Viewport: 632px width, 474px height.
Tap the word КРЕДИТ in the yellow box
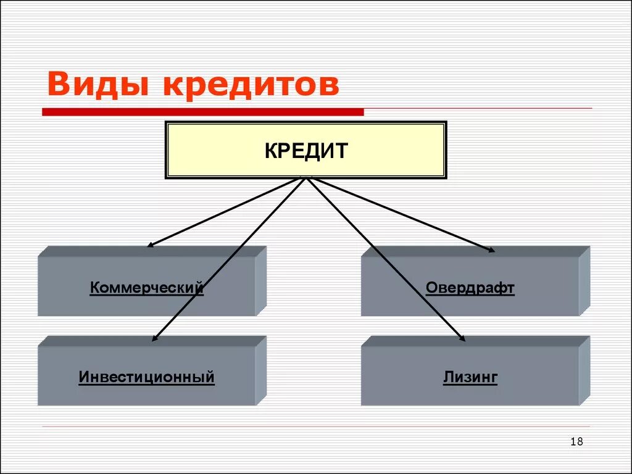pos(306,151)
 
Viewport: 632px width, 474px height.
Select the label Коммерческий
pos(146,288)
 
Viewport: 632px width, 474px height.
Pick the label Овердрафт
pos(470,288)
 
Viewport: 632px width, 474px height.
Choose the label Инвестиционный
pos(146,376)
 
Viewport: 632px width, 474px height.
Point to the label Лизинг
pos(470,377)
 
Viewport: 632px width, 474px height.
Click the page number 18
pos(577,441)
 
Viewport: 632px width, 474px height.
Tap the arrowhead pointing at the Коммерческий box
pos(149,245)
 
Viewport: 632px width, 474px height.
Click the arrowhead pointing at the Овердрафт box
pos(491,250)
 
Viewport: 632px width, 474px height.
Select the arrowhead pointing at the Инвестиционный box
pos(155,338)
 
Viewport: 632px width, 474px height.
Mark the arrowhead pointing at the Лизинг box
pos(462,338)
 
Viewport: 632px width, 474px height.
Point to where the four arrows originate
pos(306,178)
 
